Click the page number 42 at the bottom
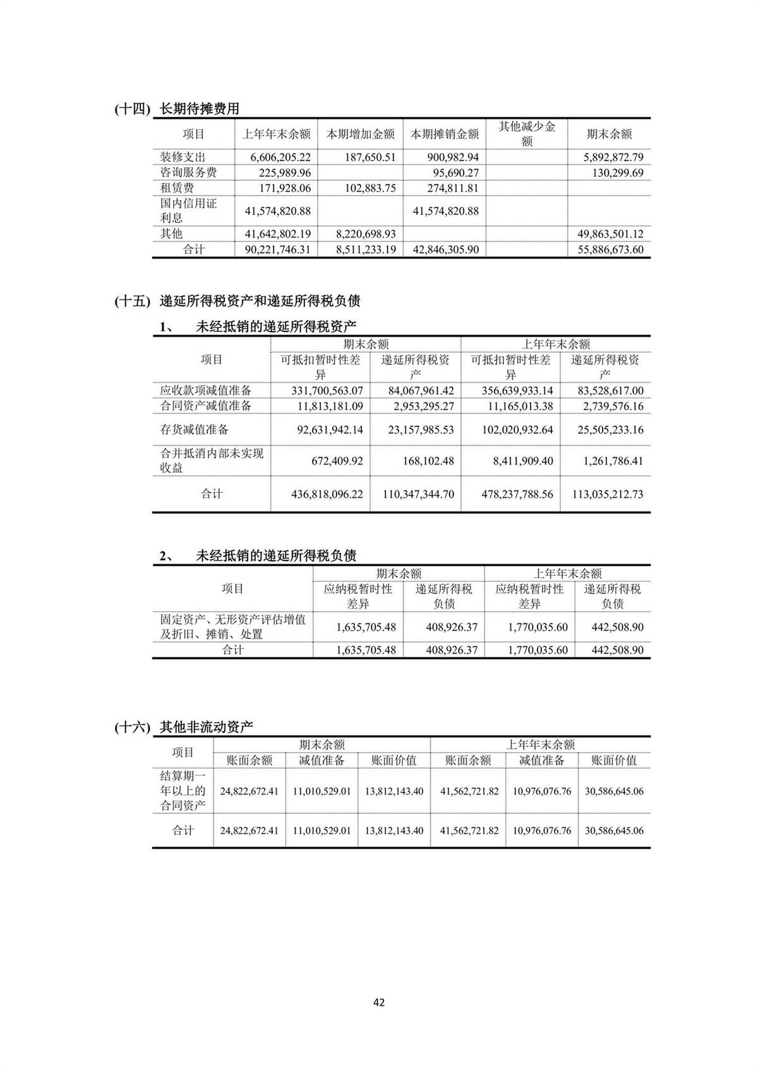379,1002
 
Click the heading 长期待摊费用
200,109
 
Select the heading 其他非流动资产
206,727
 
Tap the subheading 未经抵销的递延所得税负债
276,556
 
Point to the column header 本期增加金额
360,134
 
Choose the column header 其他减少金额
527,134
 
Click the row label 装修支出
183,157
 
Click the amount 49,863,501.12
610,234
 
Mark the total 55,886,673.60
610,250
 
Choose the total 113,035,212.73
608,494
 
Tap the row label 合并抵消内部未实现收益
211,461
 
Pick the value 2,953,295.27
421,406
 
